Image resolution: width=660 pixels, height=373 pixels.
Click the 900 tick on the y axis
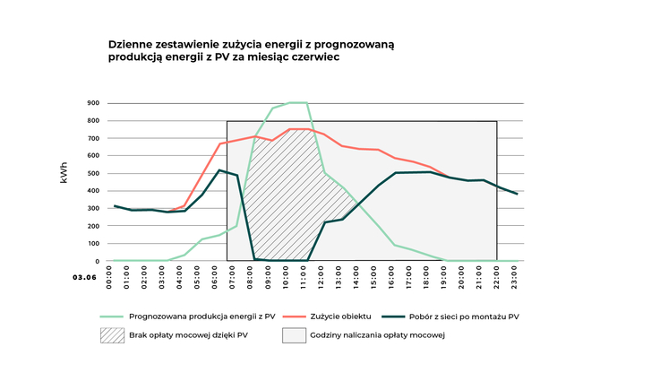(93, 103)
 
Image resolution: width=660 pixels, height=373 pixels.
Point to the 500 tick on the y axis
(93, 173)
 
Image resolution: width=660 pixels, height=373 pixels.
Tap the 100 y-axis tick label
(93, 244)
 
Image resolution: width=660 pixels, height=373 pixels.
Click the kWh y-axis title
(64, 173)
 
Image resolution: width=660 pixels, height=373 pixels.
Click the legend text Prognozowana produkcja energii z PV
(201, 316)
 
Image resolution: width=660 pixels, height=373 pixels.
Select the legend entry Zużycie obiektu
(348, 316)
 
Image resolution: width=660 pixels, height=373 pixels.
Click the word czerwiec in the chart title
(314, 56)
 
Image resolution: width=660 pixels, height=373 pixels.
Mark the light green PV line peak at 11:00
(306, 102)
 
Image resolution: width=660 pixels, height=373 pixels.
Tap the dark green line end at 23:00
(517, 194)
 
